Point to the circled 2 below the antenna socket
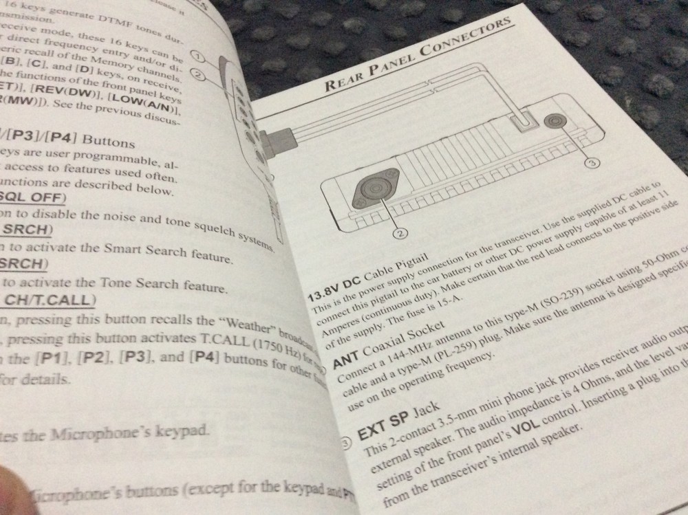pos(402,233)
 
